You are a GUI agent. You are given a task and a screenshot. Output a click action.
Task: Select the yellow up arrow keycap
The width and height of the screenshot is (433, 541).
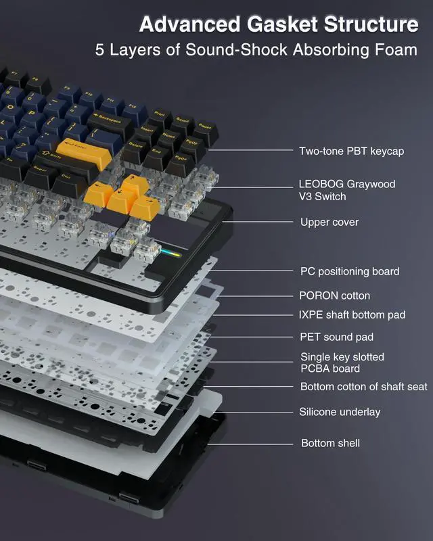[135, 185]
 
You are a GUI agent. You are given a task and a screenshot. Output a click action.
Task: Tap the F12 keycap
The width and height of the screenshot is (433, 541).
[132, 108]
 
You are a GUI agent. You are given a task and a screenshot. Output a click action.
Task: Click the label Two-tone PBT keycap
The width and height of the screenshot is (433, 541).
[351, 151]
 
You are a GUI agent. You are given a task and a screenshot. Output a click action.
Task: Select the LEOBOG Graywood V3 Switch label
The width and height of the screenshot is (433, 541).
[346, 190]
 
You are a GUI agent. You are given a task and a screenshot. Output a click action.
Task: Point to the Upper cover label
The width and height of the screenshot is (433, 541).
[329, 222]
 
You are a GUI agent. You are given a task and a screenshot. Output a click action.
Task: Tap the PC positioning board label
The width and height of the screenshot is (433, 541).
[350, 271]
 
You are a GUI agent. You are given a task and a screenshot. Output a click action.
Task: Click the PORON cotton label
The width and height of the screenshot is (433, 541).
[335, 296]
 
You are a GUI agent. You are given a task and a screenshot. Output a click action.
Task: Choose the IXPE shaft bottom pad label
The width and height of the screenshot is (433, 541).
[352, 315]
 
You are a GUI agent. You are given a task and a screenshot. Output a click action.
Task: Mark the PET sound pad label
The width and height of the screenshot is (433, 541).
[336, 337]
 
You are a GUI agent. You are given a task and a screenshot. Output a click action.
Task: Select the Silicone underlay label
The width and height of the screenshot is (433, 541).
[340, 412]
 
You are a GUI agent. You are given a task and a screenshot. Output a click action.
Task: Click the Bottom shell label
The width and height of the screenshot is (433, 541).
[330, 443]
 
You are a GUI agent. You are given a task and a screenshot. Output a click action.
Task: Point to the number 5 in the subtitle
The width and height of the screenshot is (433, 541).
[100, 51]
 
